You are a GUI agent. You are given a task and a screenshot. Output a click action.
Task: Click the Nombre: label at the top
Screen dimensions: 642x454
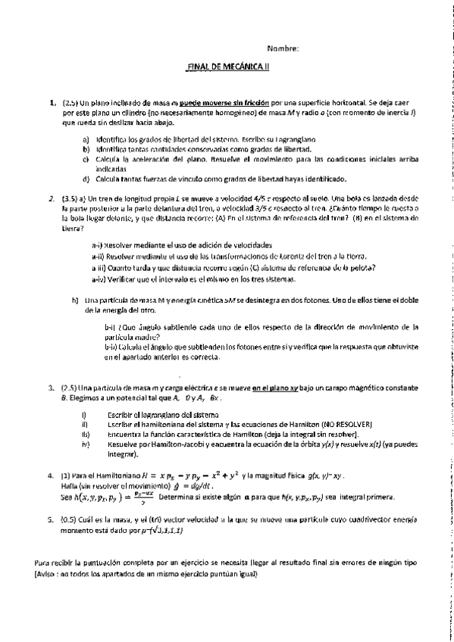283,49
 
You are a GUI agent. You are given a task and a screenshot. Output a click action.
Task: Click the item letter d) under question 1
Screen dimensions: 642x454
86,179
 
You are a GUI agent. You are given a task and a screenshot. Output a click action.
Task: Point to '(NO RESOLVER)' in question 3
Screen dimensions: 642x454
331,424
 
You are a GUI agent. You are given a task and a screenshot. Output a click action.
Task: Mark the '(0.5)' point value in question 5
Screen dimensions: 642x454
70,522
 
